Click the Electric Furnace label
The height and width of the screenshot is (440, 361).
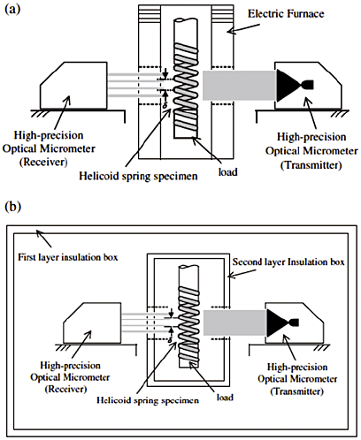[x=286, y=14]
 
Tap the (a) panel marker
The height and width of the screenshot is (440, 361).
[x=13, y=9]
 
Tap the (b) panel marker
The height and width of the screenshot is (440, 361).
[x=13, y=207]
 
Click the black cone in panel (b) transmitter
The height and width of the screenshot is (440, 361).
[x=282, y=322]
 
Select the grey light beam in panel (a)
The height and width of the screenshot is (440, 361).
[x=239, y=86]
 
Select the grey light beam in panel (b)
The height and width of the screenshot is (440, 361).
[x=235, y=322]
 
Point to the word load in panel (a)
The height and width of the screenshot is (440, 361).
[x=227, y=171]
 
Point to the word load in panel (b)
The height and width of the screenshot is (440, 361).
[x=225, y=398]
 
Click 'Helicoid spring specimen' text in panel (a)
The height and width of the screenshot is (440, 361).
[x=138, y=176]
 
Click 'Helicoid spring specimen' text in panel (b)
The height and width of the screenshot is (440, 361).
[x=148, y=400]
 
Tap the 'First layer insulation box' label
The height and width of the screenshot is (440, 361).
[x=68, y=257]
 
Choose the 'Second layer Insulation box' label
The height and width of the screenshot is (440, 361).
[x=288, y=262]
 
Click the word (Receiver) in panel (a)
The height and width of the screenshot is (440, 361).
[x=43, y=162]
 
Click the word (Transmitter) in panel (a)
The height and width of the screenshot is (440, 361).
[x=311, y=165]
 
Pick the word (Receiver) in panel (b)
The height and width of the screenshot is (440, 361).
[x=65, y=389]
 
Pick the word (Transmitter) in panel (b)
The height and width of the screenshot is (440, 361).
[x=297, y=391]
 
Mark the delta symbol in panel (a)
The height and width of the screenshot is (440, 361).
[x=165, y=104]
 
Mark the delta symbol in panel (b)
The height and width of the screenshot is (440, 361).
[x=170, y=340]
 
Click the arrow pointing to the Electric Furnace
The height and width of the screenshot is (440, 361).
[x=243, y=28]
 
